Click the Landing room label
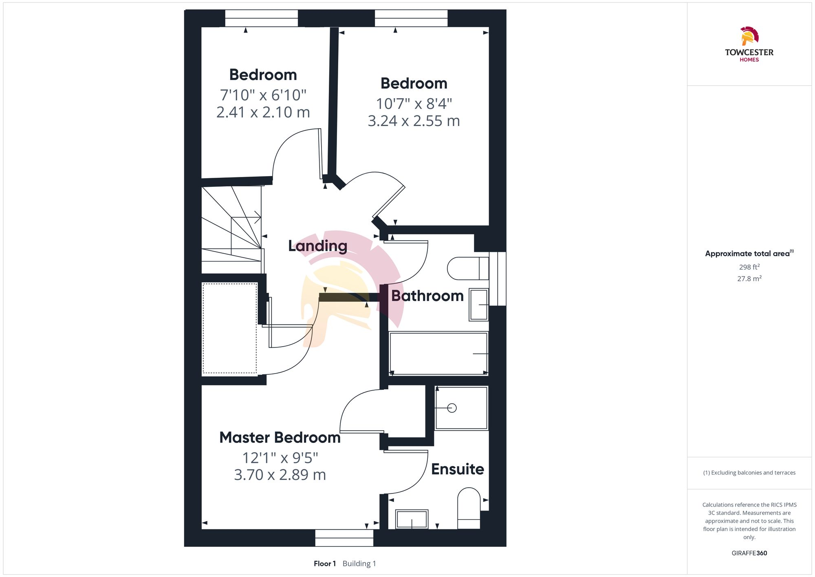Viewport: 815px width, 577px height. [x=317, y=246]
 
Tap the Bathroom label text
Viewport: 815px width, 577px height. [x=427, y=296]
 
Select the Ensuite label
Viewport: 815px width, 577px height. [x=457, y=469]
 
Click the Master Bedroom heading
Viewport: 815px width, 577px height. [x=280, y=438]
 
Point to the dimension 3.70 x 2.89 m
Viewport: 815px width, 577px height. [x=280, y=475]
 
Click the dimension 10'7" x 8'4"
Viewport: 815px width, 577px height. [x=414, y=104]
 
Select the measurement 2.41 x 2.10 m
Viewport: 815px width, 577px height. [x=263, y=112]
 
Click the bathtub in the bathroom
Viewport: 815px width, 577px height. [x=438, y=353]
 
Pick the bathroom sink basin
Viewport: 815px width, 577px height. [x=478, y=305]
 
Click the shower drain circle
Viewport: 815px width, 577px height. [x=452, y=408]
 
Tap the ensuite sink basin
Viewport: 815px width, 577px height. [x=412, y=519]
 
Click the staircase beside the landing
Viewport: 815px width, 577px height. [x=231, y=228]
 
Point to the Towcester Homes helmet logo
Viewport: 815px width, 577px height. [x=749, y=36]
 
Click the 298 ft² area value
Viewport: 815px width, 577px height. [x=749, y=267]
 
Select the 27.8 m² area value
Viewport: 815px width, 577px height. [x=749, y=279]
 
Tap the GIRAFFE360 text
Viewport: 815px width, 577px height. [x=749, y=553]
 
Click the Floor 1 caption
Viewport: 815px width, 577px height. [x=324, y=564]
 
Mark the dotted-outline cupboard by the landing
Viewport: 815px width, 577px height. [x=230, y=328]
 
